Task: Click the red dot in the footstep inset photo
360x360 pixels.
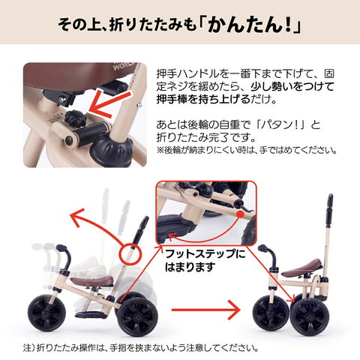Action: tap(240, 214)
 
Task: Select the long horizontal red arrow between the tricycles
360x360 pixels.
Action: tap(205, 310)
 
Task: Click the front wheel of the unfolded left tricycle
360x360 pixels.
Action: tap(46, 313)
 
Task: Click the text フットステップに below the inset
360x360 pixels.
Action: tap(205, 254)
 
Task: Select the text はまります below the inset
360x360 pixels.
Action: tap(190, 267)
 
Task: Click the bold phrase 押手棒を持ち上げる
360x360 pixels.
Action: tap(204, 99)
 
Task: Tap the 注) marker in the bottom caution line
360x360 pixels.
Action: tap(29, 348)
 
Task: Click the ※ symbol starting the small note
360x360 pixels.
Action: tap(160, 150)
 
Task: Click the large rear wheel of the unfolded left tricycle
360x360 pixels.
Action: tap(138, 316)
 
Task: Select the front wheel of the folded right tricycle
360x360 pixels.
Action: tap(271, 313)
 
